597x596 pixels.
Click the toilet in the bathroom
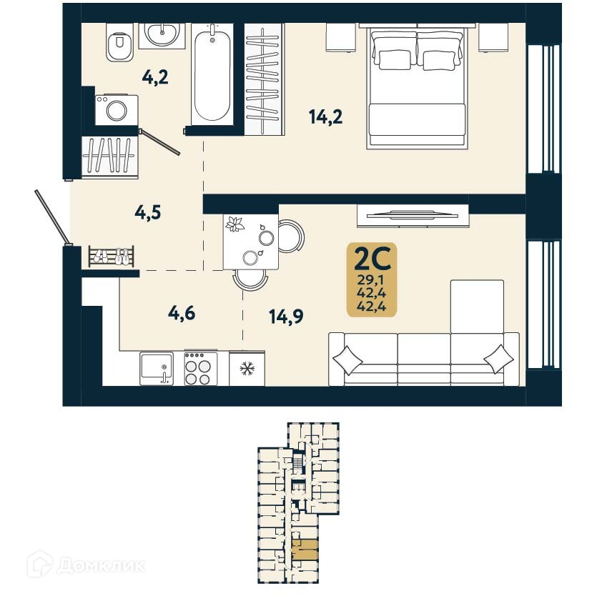click(119, 44)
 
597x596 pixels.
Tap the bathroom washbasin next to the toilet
click(162, 33)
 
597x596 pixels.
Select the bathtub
click(212, 72)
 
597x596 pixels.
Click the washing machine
click(117, 110)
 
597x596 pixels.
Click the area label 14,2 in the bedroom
click(325, 116)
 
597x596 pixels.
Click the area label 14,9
click(285, 315)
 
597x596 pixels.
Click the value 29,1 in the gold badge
click(372, 279)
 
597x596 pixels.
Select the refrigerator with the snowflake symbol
click(247, 369)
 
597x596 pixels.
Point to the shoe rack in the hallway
click(112, 256)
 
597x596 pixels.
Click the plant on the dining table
click(235, 225)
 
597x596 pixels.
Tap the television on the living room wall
click(412, 212)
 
